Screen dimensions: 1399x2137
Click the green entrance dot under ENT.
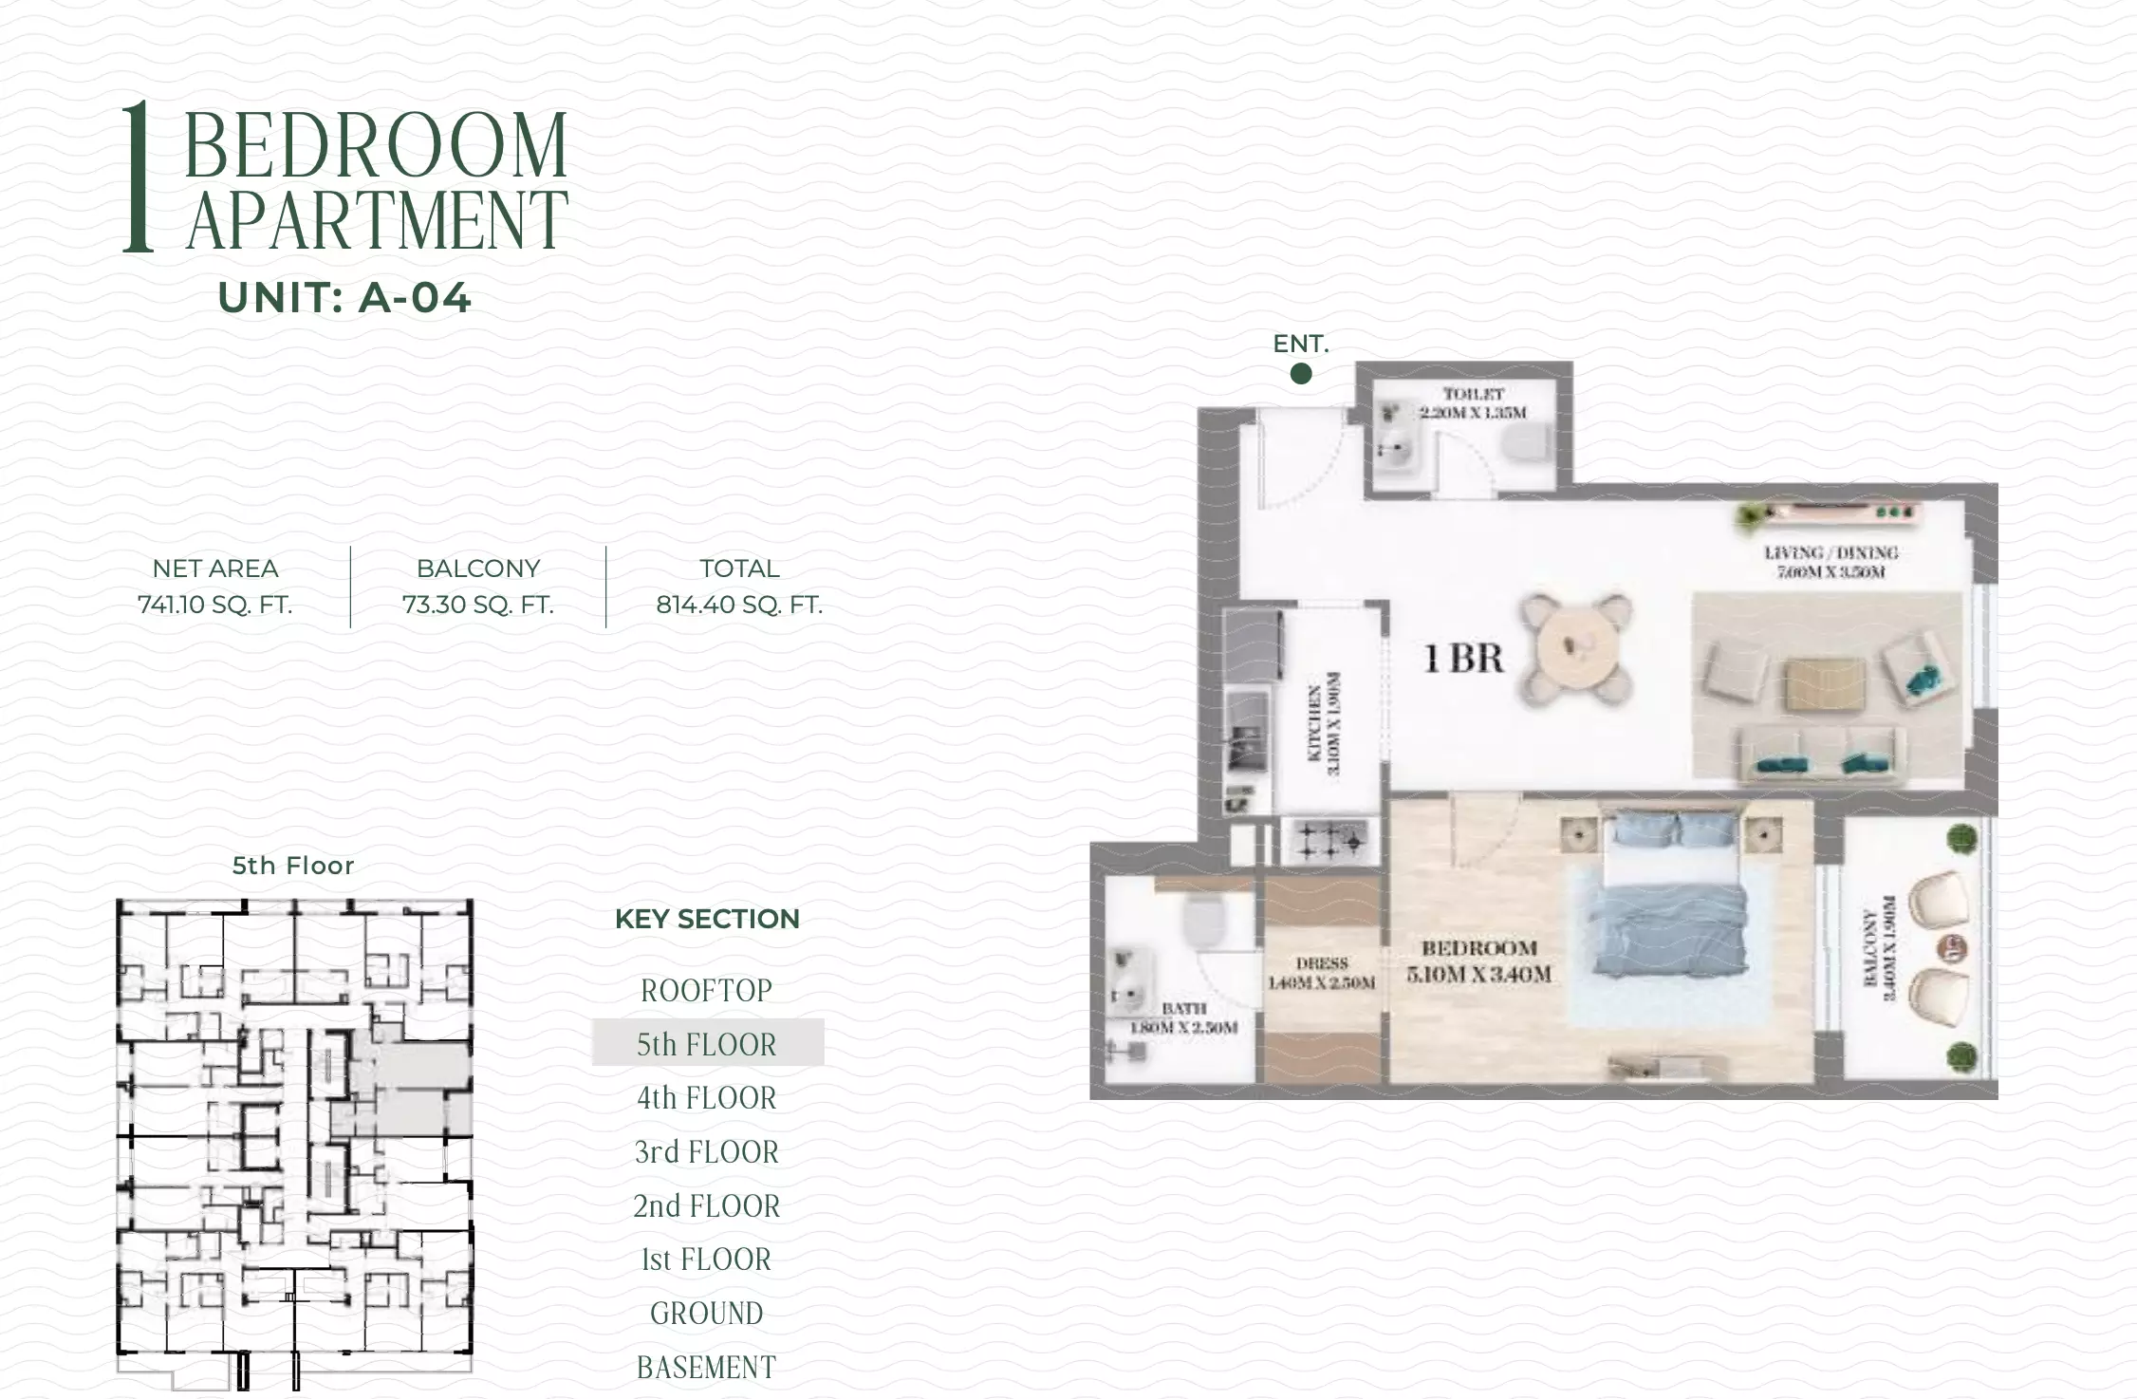(1301, 374)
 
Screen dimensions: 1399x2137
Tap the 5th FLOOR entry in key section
(707, 1044)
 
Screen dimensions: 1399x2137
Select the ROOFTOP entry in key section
(707, 991)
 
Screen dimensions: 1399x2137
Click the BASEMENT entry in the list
(707, 1368)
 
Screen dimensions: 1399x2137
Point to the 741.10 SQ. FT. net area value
(215, 605)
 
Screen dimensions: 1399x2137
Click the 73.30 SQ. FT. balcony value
(478, 605)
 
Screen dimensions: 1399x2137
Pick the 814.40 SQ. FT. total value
(739, 605)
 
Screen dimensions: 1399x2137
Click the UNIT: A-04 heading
(344, 298)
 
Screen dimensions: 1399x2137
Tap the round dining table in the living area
(1576, 650)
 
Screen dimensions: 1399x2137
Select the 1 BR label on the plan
(1464, 658)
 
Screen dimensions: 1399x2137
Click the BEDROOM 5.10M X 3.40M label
(1478, 961)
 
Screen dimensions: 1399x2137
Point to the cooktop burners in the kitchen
(1330, 840)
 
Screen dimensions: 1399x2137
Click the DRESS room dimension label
(1322, 974)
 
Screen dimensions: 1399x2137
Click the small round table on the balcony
(1956, 947)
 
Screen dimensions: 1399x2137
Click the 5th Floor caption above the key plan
(293, 866)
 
